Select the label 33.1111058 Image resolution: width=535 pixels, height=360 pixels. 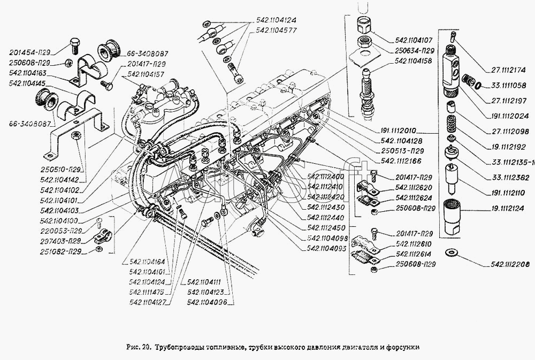coord(508,85)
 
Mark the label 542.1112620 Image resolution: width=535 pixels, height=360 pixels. coord(416,188)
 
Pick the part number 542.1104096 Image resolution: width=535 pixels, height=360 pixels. coord(207,302)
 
